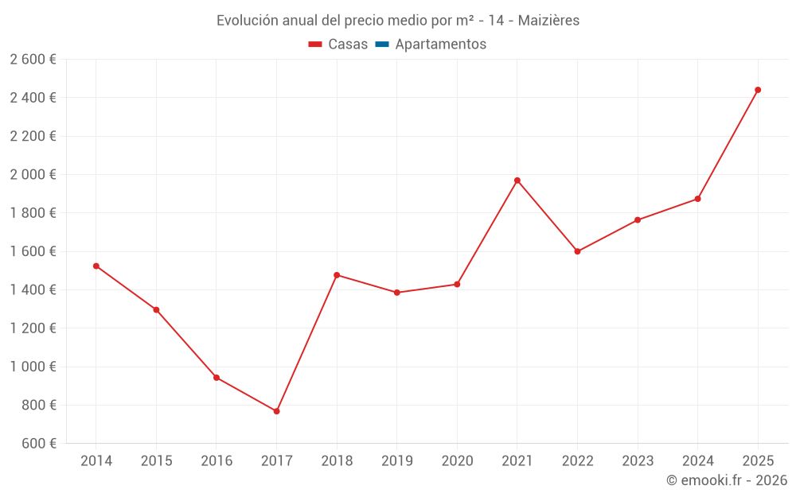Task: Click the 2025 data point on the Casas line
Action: (x=758, y=90)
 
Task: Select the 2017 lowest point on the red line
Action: (x=276, y=411)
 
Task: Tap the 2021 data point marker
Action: (x=517, y=181)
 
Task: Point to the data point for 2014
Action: (x=96, y=266)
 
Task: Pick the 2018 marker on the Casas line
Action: (x=337, y=275)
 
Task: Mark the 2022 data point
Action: (x=577, y=251)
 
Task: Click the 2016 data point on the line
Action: (x=217, y=378)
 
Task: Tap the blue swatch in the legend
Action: (x=381, y=45)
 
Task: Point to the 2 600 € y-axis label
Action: (x=33, y=59)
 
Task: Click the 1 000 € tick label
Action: (x=33, y=367)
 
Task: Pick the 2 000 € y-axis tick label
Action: (x=33, y=174)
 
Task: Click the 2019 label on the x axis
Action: (x=397, y=460)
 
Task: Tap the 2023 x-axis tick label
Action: (x=638, y=460)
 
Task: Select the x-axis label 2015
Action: (x=156, y=460)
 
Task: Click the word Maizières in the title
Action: (x=548, y=20)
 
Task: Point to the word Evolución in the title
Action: (x=248, y=20)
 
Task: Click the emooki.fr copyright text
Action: (x=727, y=480)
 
